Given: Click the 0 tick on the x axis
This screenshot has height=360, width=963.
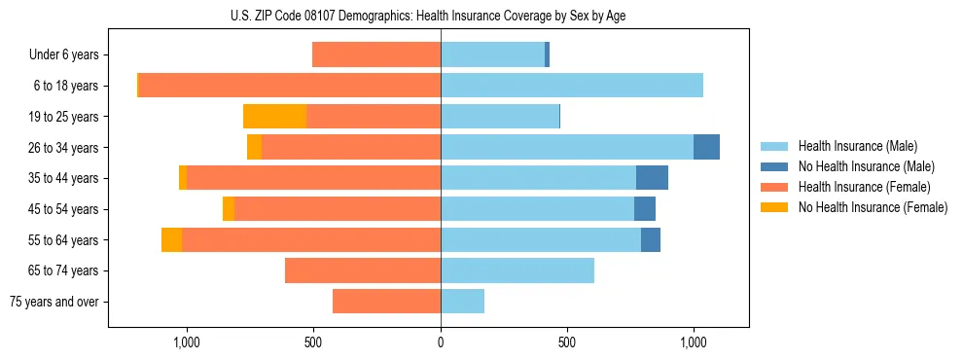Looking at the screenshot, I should coord(441,342).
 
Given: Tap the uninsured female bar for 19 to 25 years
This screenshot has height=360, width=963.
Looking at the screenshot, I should coord(274,117).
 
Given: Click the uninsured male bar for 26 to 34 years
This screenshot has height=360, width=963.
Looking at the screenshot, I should coord(706,147).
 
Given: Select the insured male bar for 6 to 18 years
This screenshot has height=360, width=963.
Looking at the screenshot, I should coord(572,86).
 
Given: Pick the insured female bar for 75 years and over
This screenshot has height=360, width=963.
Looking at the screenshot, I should coord(386,302).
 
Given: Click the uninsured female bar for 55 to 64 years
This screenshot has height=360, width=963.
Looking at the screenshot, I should coord(171,240).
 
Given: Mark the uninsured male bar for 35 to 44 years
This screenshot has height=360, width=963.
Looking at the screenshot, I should coord(652,178).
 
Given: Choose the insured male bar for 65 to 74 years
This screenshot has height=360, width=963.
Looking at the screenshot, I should coord(517,270).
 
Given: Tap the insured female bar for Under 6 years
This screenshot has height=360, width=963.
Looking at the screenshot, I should coord(376,54).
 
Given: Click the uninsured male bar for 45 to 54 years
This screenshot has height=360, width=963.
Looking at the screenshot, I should coord(645,209).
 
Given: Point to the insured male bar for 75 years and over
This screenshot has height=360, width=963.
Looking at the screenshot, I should coord(462,302).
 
